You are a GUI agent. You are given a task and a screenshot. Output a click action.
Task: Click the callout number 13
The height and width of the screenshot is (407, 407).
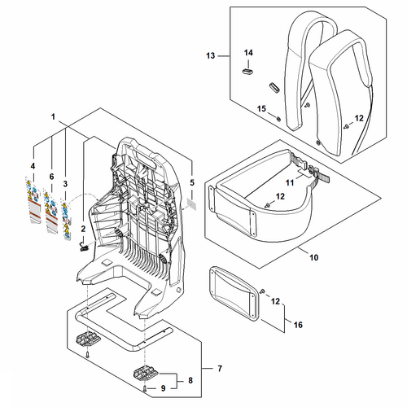coord(211,55)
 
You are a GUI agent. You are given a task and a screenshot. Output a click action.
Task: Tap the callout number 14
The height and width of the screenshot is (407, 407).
coord(248,53)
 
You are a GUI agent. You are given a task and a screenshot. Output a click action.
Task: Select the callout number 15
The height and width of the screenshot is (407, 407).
coord(261,109)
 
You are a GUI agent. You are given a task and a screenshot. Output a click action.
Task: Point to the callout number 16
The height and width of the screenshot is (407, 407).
coord(298,325)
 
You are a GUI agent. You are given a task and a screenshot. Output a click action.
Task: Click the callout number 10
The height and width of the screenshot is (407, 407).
coord(313,257)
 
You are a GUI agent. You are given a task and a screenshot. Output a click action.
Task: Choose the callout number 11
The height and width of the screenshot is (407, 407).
coord(290,183)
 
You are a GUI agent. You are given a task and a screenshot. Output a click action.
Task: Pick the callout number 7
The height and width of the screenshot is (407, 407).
coord(220,369)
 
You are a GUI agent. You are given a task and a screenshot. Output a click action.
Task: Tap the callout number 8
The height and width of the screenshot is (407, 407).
coord(190,380)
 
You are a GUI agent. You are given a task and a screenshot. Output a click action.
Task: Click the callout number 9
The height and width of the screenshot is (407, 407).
coord(163,388)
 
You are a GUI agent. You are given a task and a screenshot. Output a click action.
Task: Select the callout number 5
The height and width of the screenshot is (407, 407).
coord(192,182)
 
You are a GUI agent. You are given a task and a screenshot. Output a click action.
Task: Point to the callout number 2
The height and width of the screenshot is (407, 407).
coord(83,229)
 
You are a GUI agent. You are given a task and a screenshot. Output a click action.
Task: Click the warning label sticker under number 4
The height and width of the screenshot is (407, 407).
coord(33,200)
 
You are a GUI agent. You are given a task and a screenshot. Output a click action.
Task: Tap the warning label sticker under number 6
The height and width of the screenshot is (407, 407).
coord(51,212)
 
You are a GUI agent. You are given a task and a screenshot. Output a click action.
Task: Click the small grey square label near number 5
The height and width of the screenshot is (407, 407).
coord(192,203)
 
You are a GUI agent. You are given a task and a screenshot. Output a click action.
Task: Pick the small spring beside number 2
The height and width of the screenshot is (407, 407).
coord(84,247)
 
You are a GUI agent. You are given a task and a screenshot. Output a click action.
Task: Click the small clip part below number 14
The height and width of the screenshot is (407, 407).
coord(247,72)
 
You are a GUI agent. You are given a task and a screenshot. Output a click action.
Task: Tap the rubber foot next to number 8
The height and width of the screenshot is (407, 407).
coord(147,374)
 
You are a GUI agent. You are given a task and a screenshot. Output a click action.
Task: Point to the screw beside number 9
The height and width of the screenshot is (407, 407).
coord(145,389)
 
